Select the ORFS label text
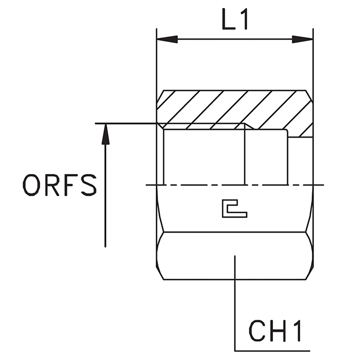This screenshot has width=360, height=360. pyautogui.click(x=60, y=185)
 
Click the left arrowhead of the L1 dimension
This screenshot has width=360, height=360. pyautogui.click(x=167, y=39)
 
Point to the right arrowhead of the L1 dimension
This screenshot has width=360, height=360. pyautogui.click(x=303, y=39)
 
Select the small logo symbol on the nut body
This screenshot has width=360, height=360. pyautogui.click(x=234, y=209)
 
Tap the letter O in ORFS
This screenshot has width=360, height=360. pyautogui.click(x=32, y=185)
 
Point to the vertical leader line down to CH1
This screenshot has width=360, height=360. pyautogui.click(x=235, y=301)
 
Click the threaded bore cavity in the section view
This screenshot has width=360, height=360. pyautogui.click(x=204, y=156)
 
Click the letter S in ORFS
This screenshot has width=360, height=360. pyautogui.click(x=88, y=185)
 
